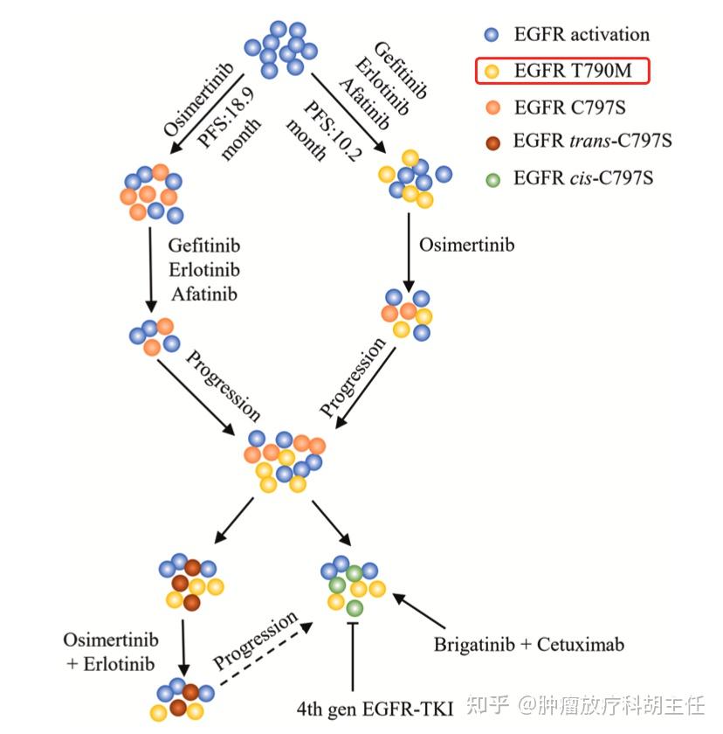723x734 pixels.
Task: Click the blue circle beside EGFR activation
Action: pos(492,35)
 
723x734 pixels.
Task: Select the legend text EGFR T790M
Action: pos(572,72)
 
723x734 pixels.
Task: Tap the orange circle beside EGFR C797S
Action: pos(492,108)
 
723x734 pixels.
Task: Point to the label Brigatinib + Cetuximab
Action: pos(528,646)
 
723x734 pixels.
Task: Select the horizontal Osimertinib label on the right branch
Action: pos(467,245)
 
